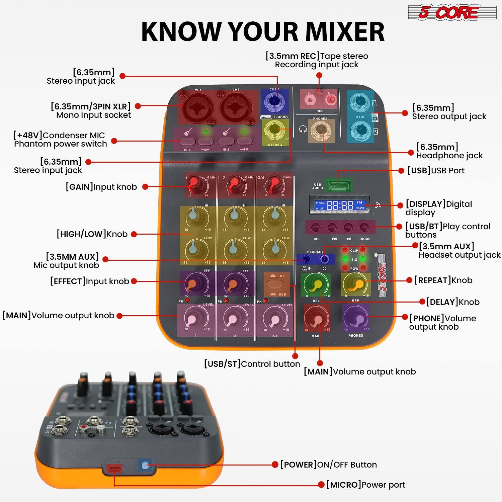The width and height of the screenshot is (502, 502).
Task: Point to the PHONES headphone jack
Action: [x=320, y=130]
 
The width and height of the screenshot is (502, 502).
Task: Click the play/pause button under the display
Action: [x=316, y=228]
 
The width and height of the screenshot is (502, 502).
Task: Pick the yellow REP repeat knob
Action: [x=355, y=284]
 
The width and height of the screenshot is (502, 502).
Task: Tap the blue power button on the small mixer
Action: [x=145, y=465]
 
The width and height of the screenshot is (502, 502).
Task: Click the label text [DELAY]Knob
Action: [x=452, y=302]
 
